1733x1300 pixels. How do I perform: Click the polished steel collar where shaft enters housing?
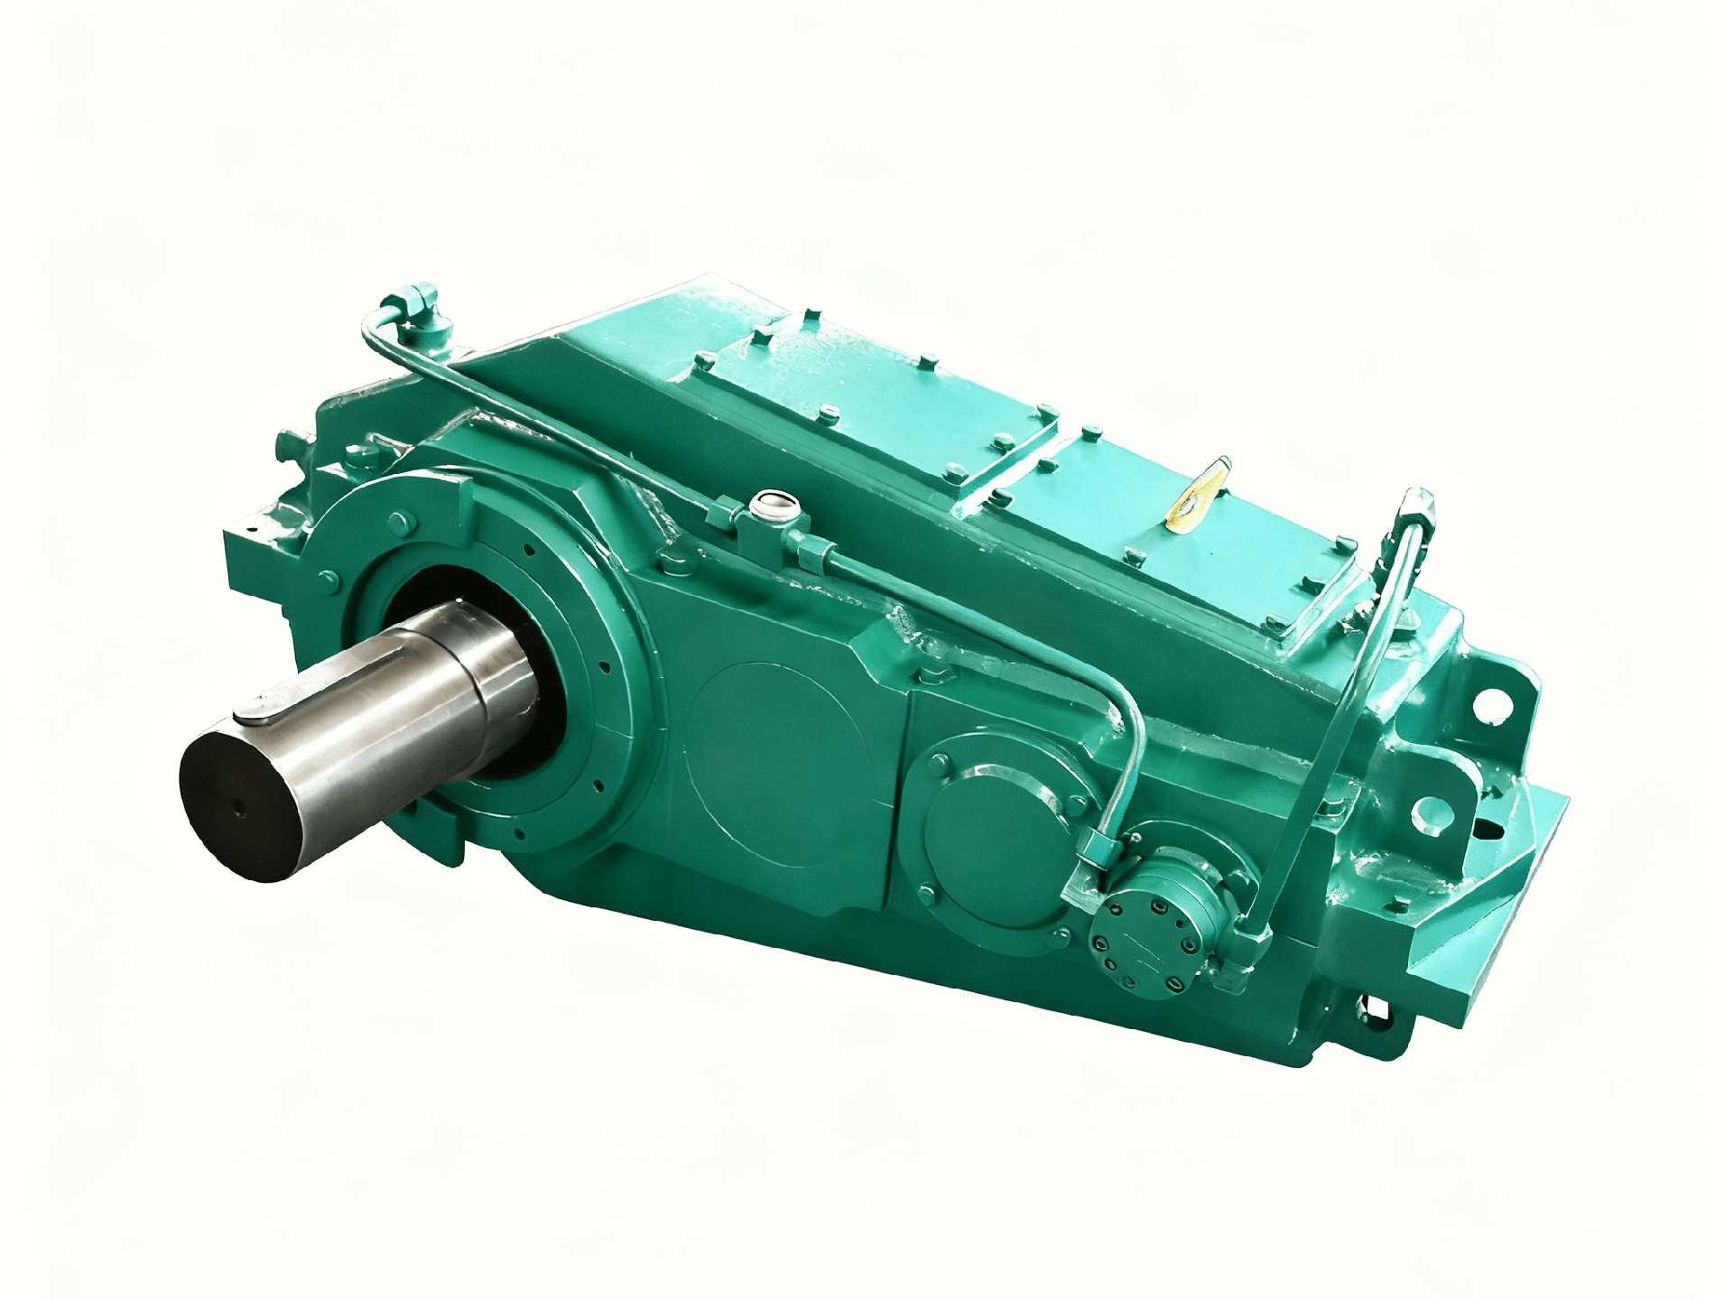pyautogui.click(x=501, y=673)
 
